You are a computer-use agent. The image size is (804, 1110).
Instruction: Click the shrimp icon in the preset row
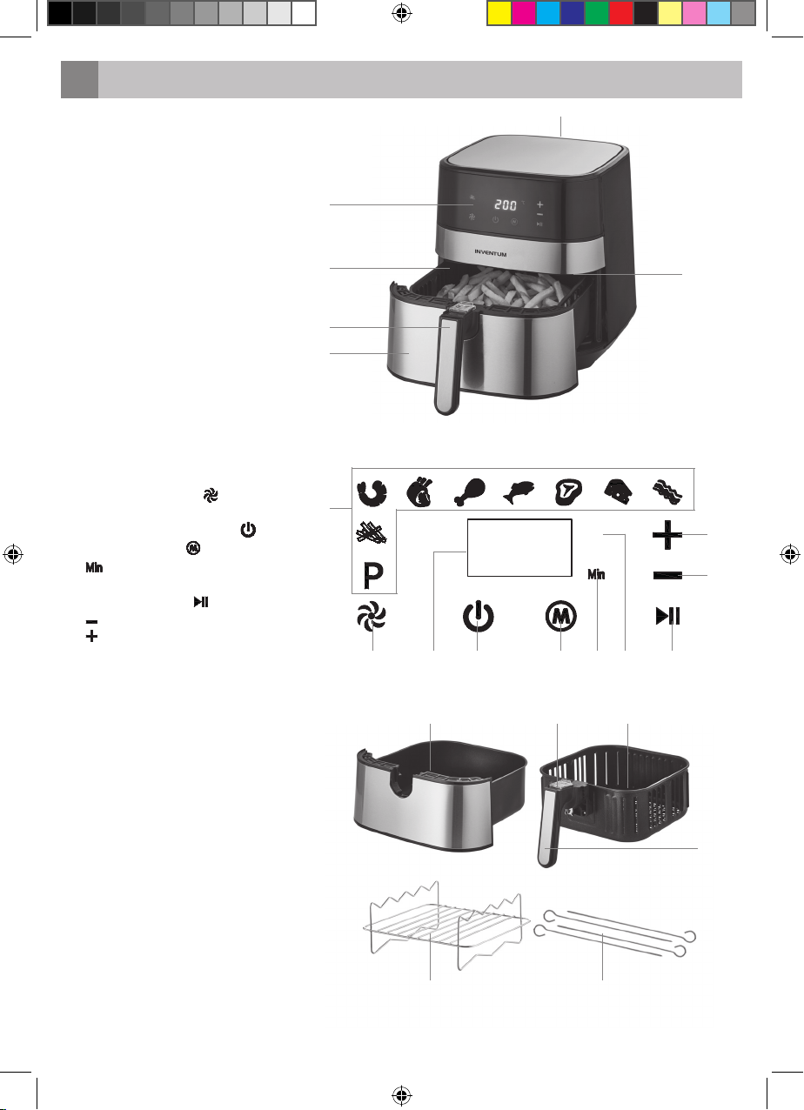click(x=372, y=492)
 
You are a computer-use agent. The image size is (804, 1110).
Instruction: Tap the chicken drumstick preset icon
click(x=470, y=492)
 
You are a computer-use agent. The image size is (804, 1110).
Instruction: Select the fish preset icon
click(x=519, y=492)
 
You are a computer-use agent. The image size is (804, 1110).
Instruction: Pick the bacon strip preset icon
click(x=667, y=492)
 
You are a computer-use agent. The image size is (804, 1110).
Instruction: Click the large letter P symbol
click(x=372, y=576)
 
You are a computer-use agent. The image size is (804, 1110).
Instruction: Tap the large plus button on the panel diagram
click(x=667, y=535)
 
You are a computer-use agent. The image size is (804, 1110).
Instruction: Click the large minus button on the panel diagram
click(x=667, y=575)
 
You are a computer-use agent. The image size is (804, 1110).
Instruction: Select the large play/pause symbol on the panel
click(x=667, y=617)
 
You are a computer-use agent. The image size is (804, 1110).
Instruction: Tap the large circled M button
click(x=560, y=617)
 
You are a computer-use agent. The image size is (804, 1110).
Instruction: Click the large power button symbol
click(x=478, y=617)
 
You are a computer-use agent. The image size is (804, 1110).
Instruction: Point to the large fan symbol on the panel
click(x=372, y=618)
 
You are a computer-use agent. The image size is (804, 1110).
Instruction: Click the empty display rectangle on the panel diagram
click(x=519, y=547)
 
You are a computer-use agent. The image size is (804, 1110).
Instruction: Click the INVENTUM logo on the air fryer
click(x=491, y=253)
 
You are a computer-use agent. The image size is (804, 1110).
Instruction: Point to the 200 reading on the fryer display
click(x=506, y=204)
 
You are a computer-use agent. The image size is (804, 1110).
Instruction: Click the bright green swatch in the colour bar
click(x=597, y=13)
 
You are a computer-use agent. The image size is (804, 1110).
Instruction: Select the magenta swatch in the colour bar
click(x=524, y=13)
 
